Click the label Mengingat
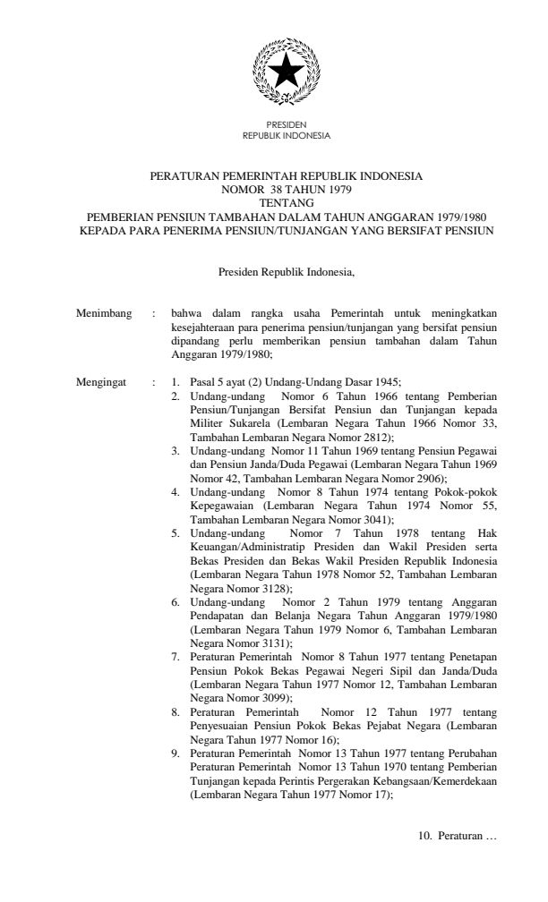click(103, 383)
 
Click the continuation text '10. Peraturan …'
click(451, 837)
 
